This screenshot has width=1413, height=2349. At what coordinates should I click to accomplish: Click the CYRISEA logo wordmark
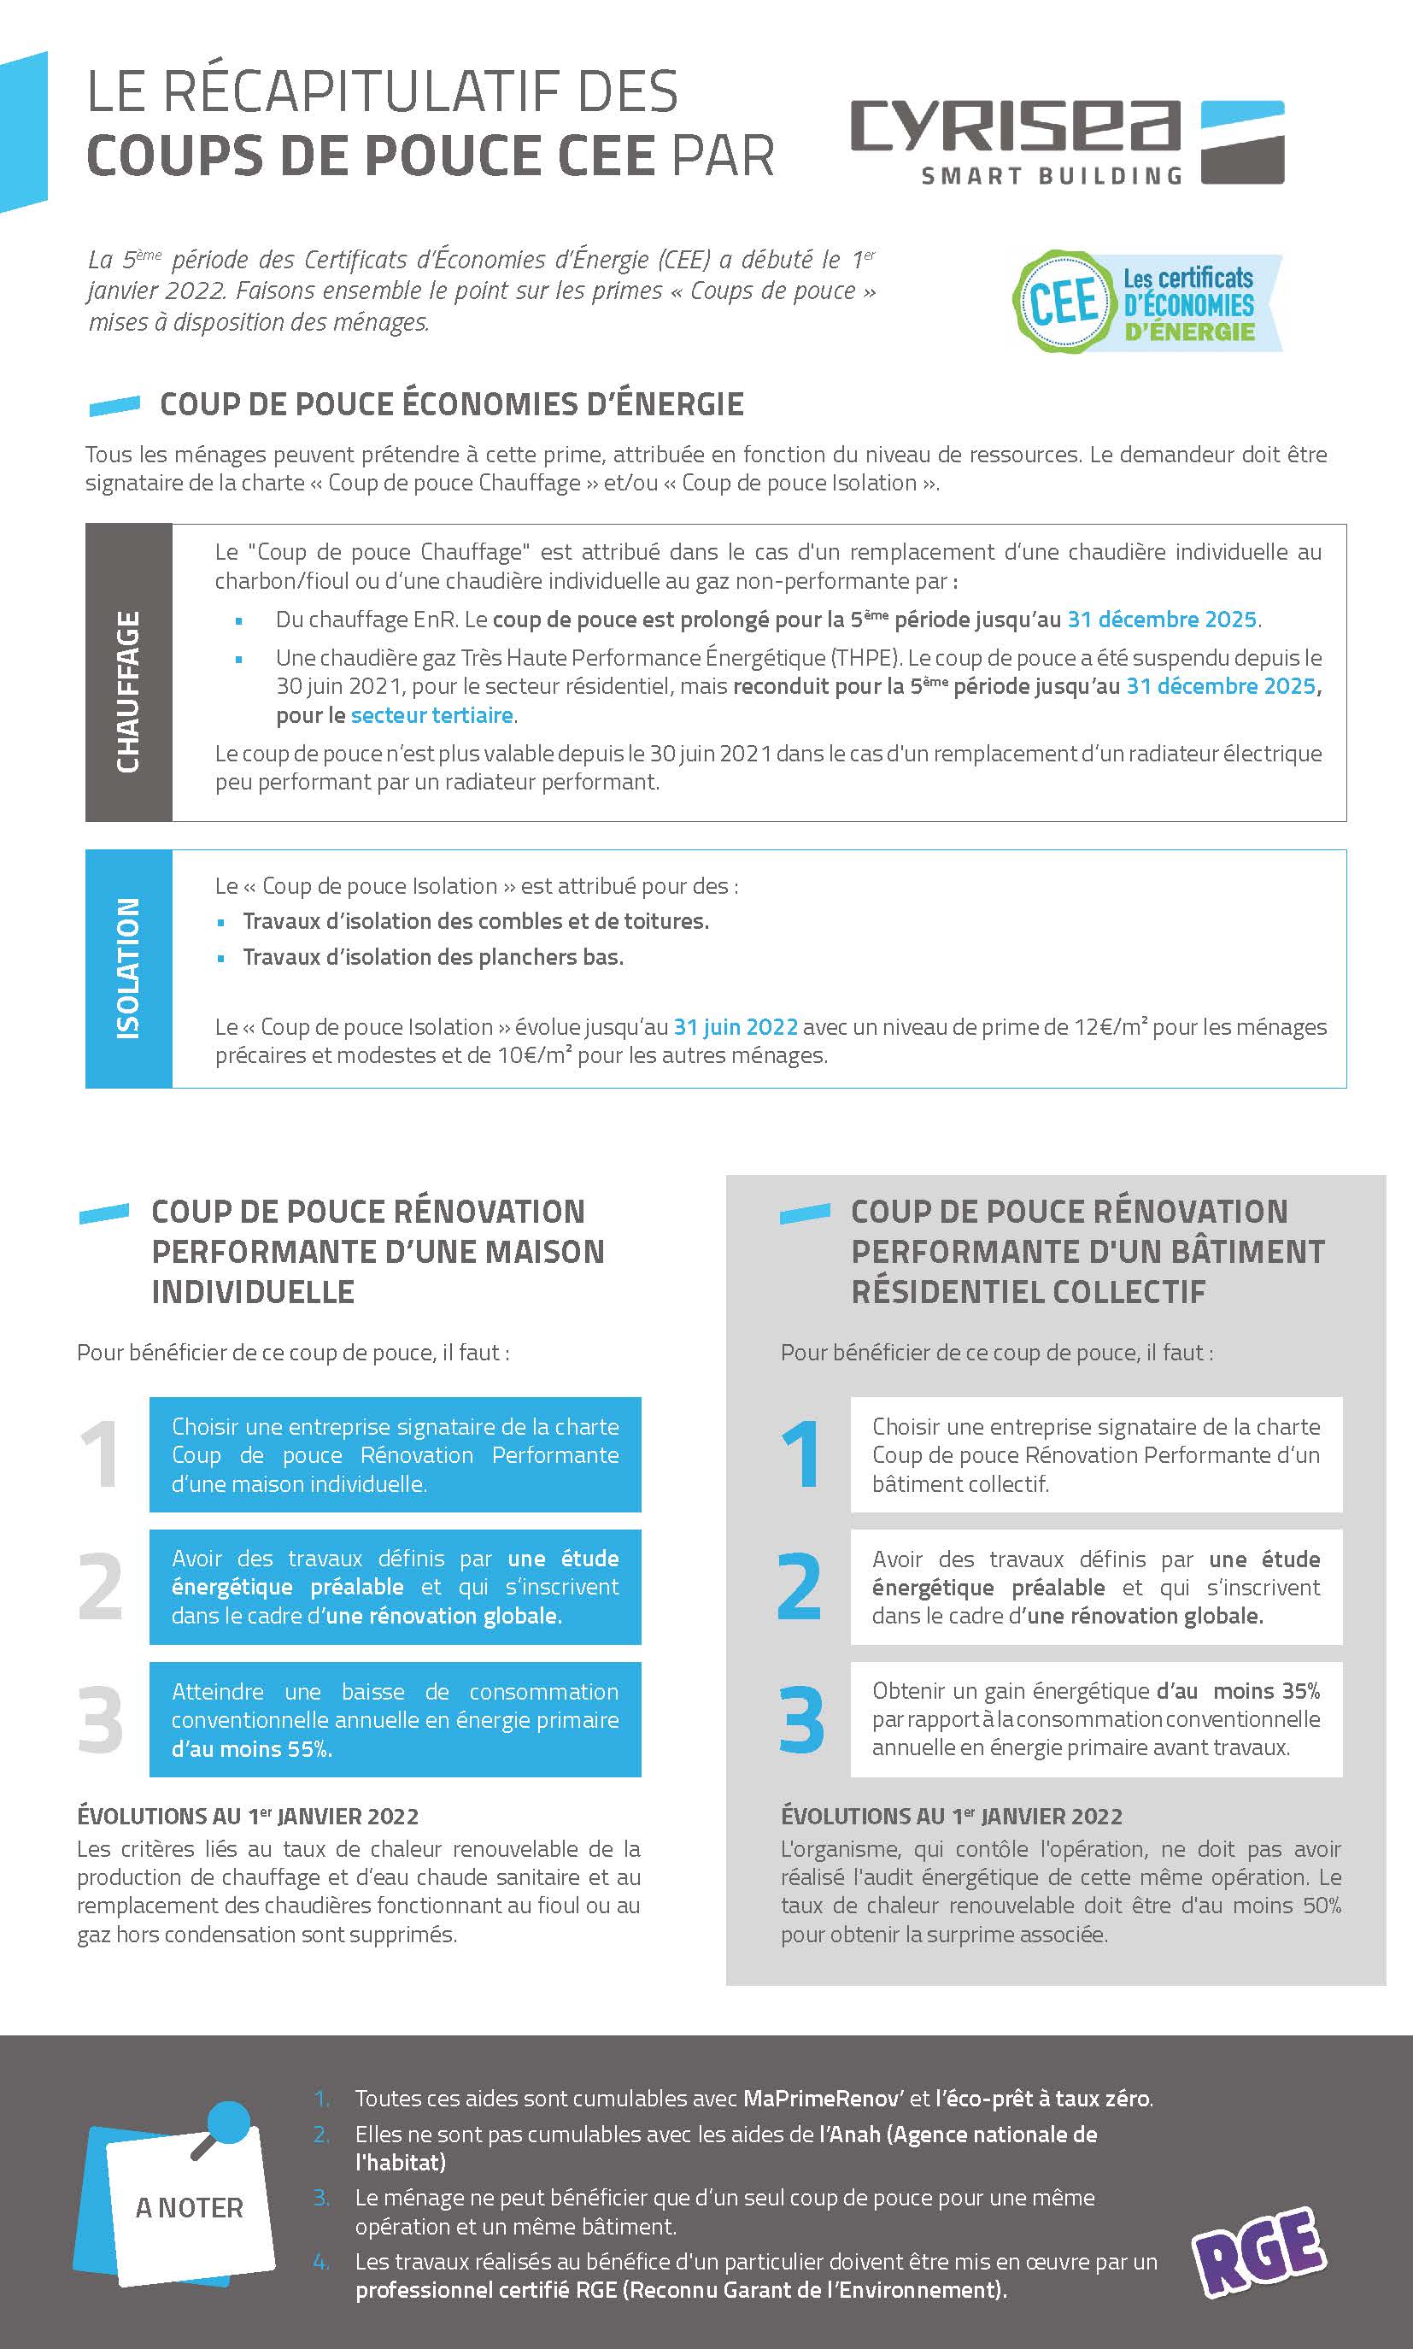[1015, 126]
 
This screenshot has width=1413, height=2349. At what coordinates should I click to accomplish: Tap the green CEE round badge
[1063, 302]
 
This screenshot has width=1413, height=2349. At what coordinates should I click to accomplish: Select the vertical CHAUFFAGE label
[128, 690]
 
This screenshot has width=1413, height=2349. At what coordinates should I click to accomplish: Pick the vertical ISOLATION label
[128, 967]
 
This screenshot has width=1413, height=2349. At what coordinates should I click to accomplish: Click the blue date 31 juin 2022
[735, 1026]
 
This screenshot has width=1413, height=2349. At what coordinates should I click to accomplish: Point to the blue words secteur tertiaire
[431, 715]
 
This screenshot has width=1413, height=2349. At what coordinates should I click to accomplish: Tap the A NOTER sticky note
[189, 2208]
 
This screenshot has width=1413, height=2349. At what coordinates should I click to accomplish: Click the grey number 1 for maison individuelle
[99, 1454]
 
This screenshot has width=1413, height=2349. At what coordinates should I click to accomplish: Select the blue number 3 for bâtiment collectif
[800, 1719]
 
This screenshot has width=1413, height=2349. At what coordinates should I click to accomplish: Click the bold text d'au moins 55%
[251, 1749]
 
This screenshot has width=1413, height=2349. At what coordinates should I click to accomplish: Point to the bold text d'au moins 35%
[1238, 1690]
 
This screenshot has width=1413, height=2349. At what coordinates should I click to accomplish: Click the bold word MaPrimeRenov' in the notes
[823, 2098]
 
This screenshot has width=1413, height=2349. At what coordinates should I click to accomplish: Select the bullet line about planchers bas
[433, 957]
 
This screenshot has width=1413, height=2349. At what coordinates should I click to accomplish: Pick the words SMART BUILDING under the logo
[1051, 176]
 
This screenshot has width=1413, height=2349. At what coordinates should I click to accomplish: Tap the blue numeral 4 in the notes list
[321, 2261]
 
